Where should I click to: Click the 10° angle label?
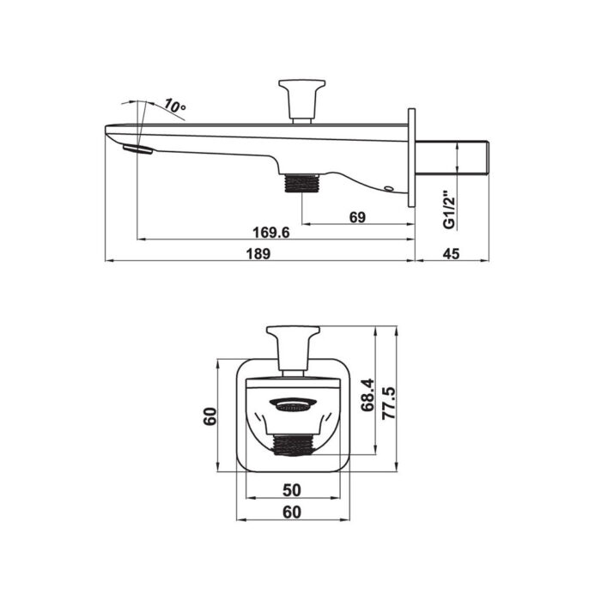click(175, 106)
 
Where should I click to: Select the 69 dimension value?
click(358, 217)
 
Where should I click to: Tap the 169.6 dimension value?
click(271, 233)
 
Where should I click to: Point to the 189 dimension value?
click(258, 254)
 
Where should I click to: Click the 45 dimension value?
click(451, 254)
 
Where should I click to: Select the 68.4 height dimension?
click(367, 394)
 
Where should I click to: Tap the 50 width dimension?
click(292, 490)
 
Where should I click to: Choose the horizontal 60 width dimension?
click(292, 512)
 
